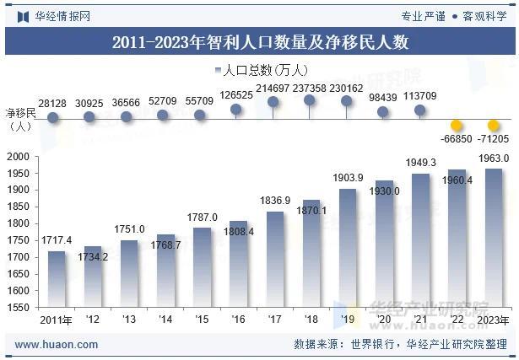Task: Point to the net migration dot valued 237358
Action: pyautogui.click(x=310, y=100)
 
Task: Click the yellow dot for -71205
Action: pyautogui.click(x=494, y=126)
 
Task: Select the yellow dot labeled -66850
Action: pyautogui.click(x=457, y=126)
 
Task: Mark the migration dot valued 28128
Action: pyautogui.click(x=52, y=117)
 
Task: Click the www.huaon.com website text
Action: pyautogui.click(x=57, y=345)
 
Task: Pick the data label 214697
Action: pyautogui.click(x=273, y=88)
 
